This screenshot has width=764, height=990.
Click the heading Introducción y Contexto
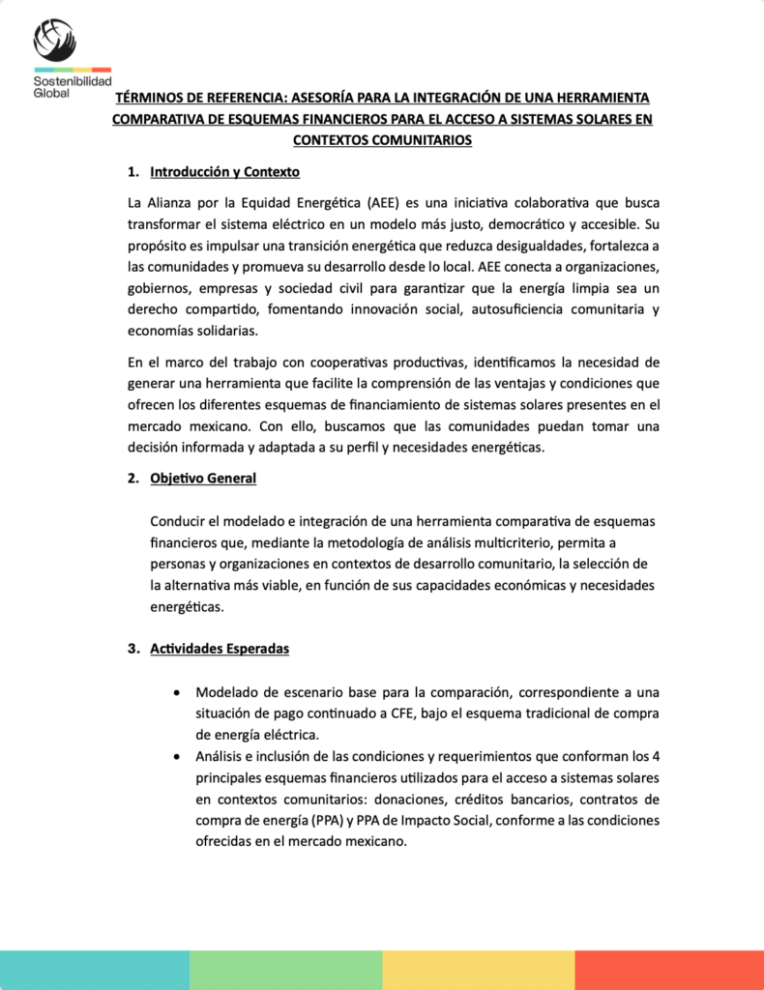224,172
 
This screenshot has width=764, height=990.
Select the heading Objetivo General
203,478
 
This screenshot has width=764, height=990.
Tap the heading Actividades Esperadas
220,649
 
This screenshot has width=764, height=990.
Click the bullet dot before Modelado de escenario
174,692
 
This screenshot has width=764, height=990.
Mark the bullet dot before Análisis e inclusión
174,756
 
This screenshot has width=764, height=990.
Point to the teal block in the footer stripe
95,970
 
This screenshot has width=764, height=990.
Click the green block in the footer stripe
285,970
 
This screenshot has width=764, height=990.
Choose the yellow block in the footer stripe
478,970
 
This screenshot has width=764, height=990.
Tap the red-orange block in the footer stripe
669,970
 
